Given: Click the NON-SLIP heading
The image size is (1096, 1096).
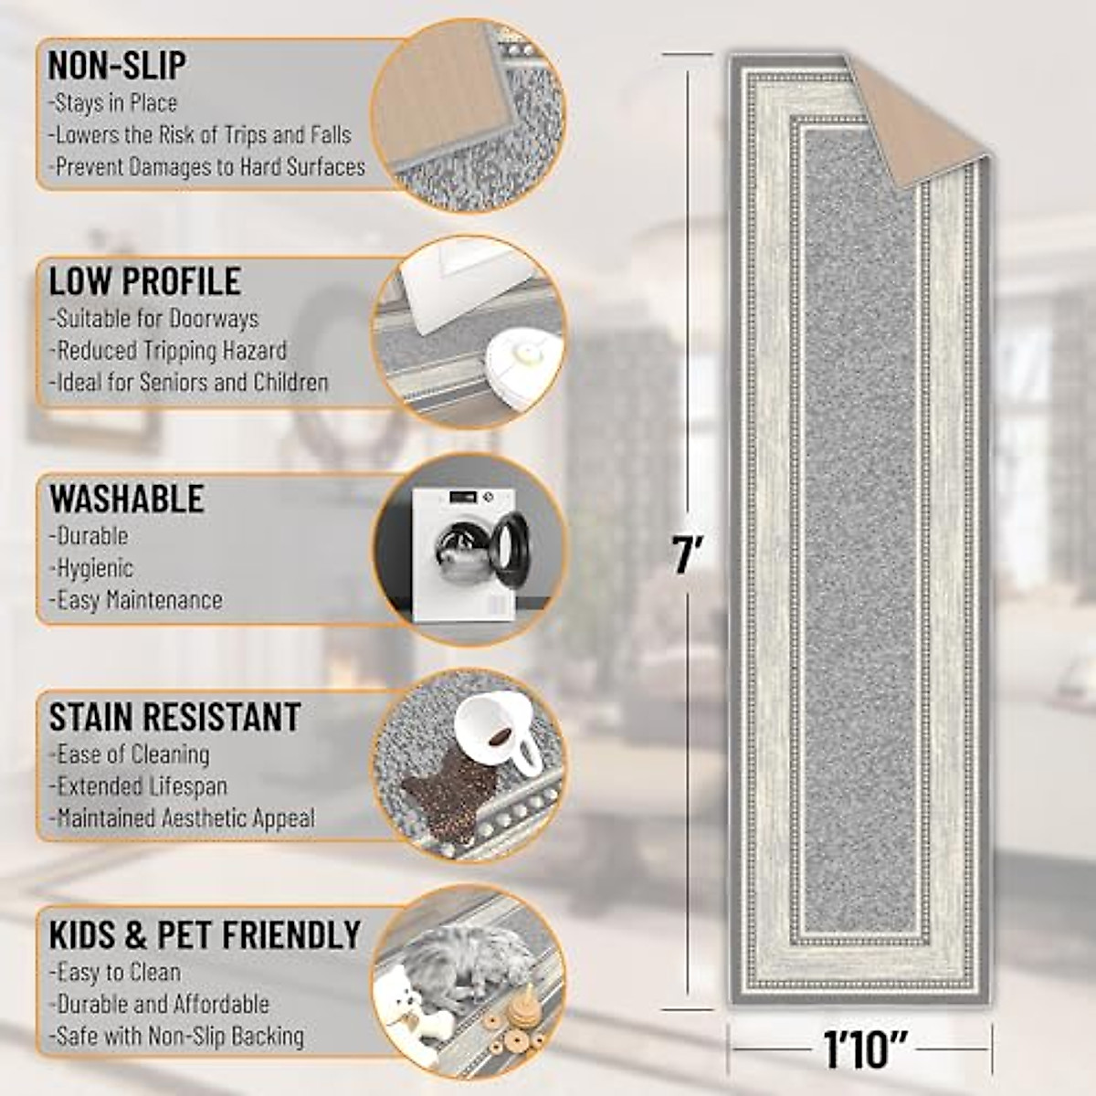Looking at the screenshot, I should click(117, 66).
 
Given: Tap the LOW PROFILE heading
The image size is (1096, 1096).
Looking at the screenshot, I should click(145, 281).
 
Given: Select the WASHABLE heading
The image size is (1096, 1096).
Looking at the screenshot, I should click(127, 499).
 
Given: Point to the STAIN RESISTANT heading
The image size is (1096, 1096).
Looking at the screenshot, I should click(174, 717).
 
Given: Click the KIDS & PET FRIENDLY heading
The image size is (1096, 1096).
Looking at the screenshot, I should click(205, 934).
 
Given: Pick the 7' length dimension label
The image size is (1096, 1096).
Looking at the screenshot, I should click(687, 554).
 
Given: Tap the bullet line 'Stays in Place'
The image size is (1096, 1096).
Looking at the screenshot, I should click(113, 103).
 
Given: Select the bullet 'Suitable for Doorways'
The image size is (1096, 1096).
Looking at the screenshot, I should click(154, 319).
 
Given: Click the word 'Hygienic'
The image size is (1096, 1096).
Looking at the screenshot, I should click(93, 568).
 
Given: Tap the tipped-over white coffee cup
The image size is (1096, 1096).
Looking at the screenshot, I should click(494, 732).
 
